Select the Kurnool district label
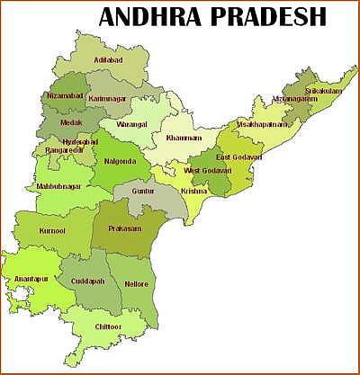coord(53,231)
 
